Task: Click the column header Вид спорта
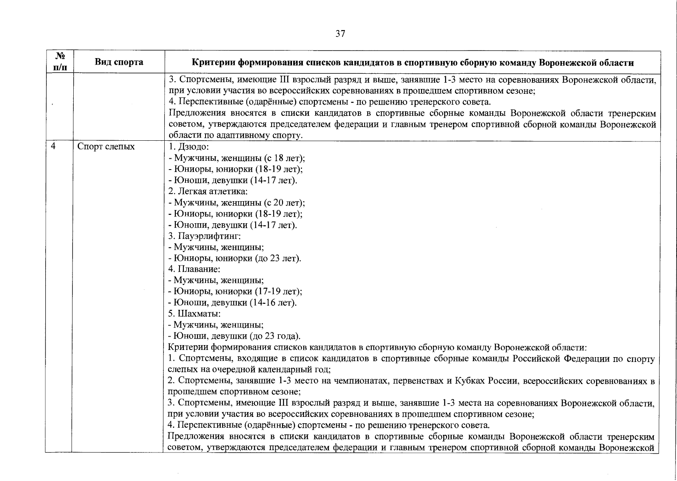tap(119, 62)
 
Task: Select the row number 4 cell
tap(53, 147)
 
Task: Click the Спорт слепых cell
tap(106, 147)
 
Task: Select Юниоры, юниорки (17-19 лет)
tap(235, 291)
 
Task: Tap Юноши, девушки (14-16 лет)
tap(232, 303)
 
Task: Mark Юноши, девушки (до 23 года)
tap(234, 336)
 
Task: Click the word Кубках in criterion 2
tap(470, 380)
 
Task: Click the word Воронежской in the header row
tap(565, 63)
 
